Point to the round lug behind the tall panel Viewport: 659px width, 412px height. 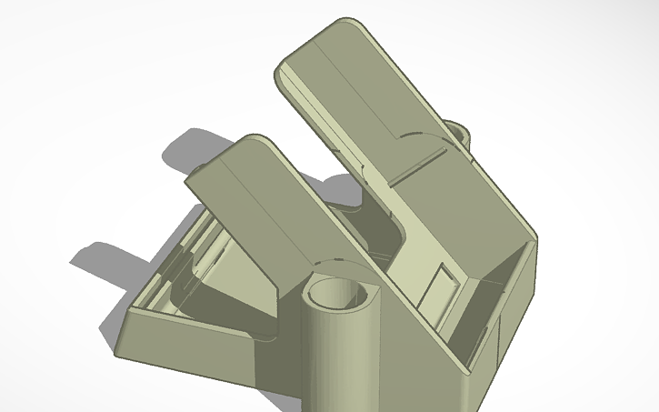459,131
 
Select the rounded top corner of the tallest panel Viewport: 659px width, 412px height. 345,25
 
